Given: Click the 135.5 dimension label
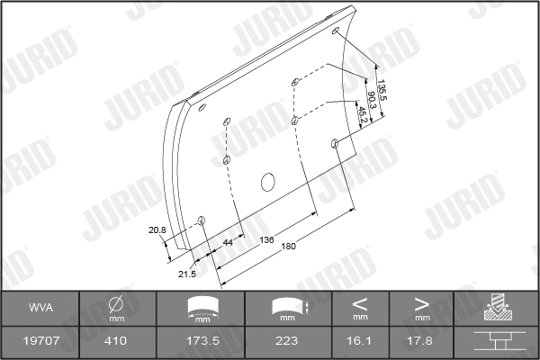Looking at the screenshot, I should (382, 91).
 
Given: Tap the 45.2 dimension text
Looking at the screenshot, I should (364, 114).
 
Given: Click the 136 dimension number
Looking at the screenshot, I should (267, 239).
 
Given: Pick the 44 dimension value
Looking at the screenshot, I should (228, 242).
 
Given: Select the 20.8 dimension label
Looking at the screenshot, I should (157, 230).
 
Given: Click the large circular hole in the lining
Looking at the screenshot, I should (268, 183).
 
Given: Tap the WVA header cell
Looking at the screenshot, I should (40, 308).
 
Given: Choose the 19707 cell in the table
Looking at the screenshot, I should (40, 342).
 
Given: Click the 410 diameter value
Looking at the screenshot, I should (117, 342).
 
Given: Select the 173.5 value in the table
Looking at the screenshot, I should (207, 342).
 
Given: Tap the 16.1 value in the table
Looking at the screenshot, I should (360, 342).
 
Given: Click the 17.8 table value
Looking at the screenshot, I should (422, 342).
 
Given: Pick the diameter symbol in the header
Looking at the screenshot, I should (117, 303).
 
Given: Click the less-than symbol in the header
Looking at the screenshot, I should (360, 302).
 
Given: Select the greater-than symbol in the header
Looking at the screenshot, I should (422, 302).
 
